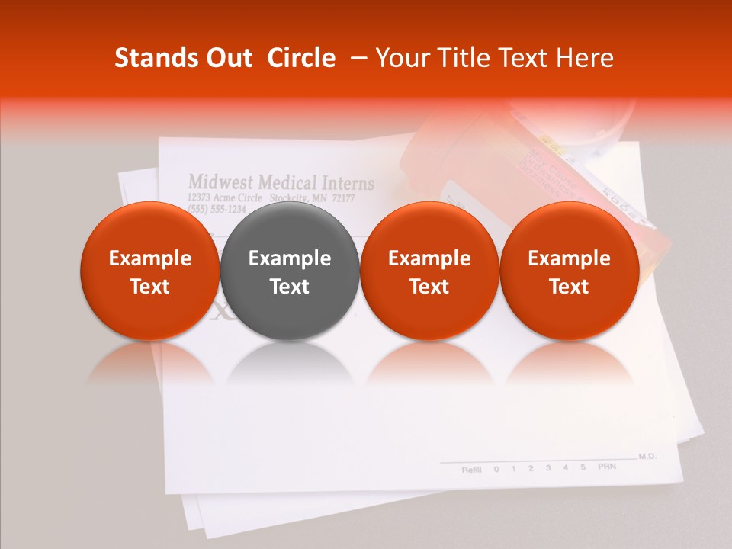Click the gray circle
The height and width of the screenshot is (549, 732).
pos(290,271)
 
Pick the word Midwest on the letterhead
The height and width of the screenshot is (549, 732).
pos(220,182)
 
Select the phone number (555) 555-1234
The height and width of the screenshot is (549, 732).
pos(217,209)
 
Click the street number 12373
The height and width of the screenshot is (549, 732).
pos(198,197)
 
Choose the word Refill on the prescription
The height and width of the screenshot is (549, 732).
pos(471,469)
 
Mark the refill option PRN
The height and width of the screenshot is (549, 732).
pos(606,465)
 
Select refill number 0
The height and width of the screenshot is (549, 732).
pos(496,469)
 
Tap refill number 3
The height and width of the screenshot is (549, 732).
pos(547,467)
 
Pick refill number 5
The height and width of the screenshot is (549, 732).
pos(583,467)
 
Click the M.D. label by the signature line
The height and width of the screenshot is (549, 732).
pos(647,456)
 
